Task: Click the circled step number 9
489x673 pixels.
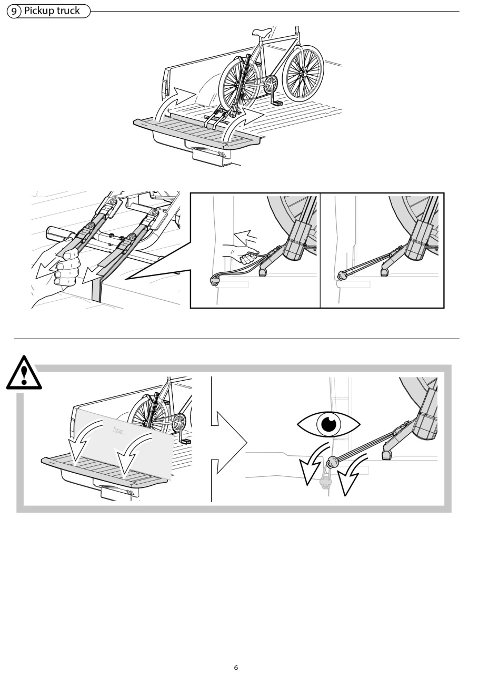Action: (x=14, y=12)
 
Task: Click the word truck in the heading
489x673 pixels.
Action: (x=68, y=11)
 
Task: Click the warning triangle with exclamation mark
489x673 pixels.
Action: (x=24, y=373)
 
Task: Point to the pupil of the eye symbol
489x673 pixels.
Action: (x=328, y=424)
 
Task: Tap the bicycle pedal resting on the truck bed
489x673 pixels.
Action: (x=277, y=103)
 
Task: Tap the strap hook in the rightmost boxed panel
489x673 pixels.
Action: (x=342, y=274)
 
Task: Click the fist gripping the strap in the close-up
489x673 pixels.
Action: (x=66, y=268)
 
